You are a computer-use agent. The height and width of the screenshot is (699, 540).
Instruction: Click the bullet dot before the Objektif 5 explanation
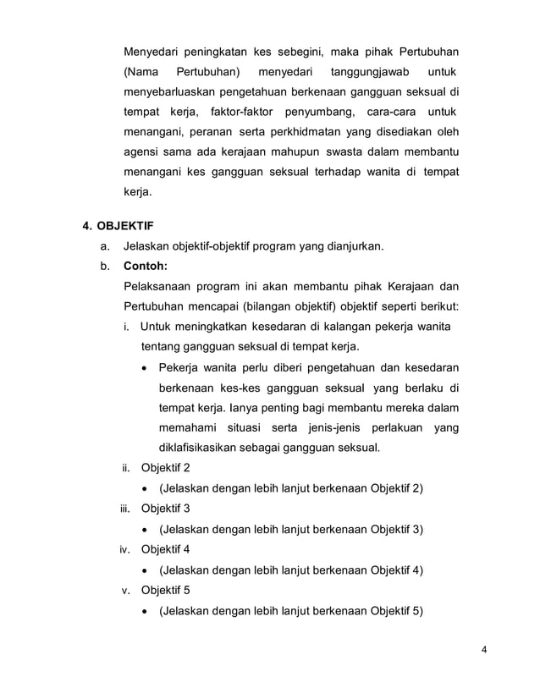(x=147, y=610)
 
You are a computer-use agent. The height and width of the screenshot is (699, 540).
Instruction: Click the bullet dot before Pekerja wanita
(x=147, y=367)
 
